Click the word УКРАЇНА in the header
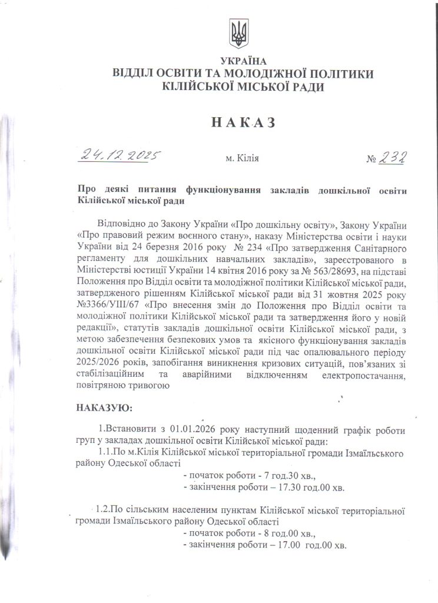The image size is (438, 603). pyautogui.click(x=243, y=61)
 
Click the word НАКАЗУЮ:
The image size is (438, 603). pyautogui.click(x=105, y=407)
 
